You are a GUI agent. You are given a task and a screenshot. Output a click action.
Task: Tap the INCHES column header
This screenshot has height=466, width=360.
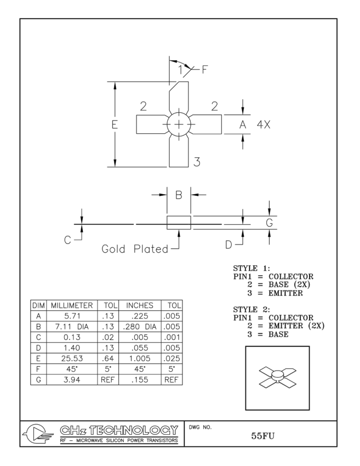[x=139, y=305]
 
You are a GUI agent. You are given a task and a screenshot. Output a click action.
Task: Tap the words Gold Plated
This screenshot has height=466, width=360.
[x=134, y=249]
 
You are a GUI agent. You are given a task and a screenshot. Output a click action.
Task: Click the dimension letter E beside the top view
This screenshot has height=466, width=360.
[x=108, y=124]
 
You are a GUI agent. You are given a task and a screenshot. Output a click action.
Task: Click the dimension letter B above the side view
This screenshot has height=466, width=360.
[x=179, y=194]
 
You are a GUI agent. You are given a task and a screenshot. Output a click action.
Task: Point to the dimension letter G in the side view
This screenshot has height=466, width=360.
[x=269, y=223]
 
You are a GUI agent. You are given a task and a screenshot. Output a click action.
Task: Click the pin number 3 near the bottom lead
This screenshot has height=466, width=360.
[x=197, y=162]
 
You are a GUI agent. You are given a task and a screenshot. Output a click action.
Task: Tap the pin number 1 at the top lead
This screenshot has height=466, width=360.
[x=181, y=70]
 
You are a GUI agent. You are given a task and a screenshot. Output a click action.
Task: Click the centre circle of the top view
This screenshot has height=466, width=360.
[x=179, y=125]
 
